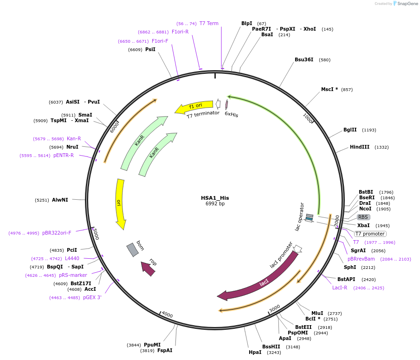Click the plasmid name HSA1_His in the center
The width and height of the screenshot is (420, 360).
pyautogui.click(x=215, y=198)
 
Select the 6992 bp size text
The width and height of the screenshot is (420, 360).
pyautogui.click(x=215, y=204)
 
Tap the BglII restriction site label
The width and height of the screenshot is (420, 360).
pyautogui.click(x=350, y=130)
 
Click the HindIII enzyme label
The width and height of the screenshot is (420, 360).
pyautogui.click(x=360, y=147)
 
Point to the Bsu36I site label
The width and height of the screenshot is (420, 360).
pyautogui.click(x=304, y=60)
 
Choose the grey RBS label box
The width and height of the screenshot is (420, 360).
pyautogui.click(x=363, y=217)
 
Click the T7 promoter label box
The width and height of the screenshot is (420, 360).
pyautogui.click(x=370, y=234)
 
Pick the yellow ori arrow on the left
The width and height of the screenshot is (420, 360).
pyautogui.click(x=120, y=203)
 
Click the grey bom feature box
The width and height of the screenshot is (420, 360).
pyautogui.click(x=133, y=249)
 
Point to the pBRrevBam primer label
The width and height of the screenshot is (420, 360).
pyautogui.click(x=361, y=259)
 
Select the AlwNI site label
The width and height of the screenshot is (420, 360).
pyautogui.click(x=60, y=200)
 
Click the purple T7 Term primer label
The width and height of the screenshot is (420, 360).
pyautogui.click(x=209, y=24)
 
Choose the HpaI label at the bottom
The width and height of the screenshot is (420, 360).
pyautogui.click(x=255, y=352)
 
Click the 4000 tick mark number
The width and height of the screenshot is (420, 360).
pyautogui.click(x=167, y=315)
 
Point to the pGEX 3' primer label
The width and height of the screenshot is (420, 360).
pyautogui.click(x=92, y=298)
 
